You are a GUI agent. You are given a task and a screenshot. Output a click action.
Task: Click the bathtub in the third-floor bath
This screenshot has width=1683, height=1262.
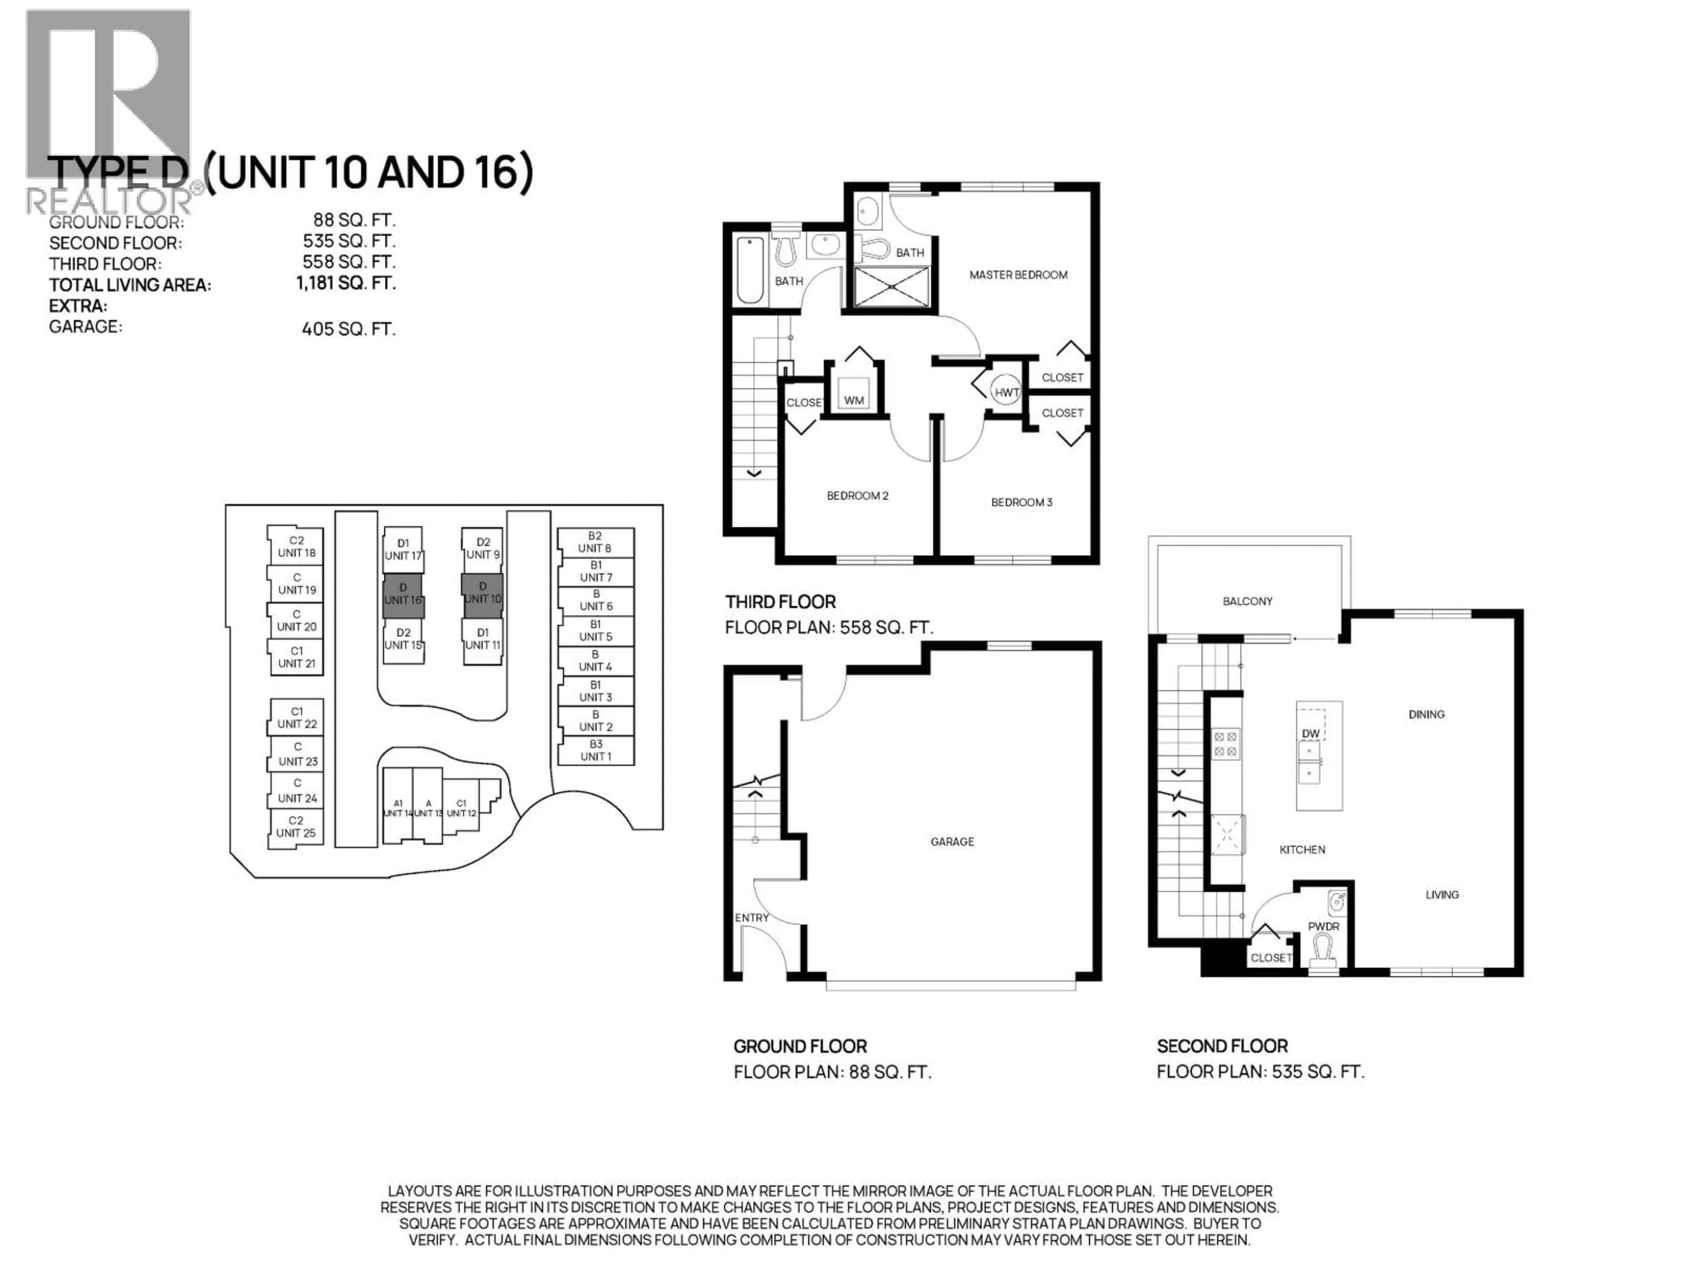pyautogui.click(x=750, y=270)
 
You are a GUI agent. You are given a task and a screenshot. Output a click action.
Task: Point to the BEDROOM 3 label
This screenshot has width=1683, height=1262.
pyautogui.click(x=1021, y=502)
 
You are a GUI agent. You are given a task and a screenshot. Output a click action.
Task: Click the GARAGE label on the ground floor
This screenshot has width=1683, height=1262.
pyautogui.click(x=952, y=841)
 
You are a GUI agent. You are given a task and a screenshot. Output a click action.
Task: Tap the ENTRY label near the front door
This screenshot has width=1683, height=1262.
pyautogui.click(x=752, y=918)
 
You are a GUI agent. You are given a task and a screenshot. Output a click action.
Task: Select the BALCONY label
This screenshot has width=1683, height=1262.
pyautogui.click(x=1247, y=601)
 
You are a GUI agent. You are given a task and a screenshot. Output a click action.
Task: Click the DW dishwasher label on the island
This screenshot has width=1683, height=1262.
pyautogui.click(x=1310, y=733)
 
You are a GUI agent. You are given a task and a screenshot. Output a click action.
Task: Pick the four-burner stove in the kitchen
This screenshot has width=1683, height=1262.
pyautogui.click(x=1225, y=743)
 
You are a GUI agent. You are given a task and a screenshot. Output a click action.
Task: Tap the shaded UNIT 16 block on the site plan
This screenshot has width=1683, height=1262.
pyautogui.click(x=403, y=595)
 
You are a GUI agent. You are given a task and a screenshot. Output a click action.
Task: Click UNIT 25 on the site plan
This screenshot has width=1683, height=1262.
pyautogui.click(x=296, y=827)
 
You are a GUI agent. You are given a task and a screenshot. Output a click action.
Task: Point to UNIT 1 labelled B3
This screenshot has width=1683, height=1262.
pyautogui.click(x=595, y=750)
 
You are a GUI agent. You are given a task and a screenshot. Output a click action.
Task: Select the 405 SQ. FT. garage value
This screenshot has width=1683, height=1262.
pyautogui.click(x=348, y=329)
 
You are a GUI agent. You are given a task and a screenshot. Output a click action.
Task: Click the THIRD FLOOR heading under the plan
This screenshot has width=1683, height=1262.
pyautogui.click(x=780, y=602)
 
